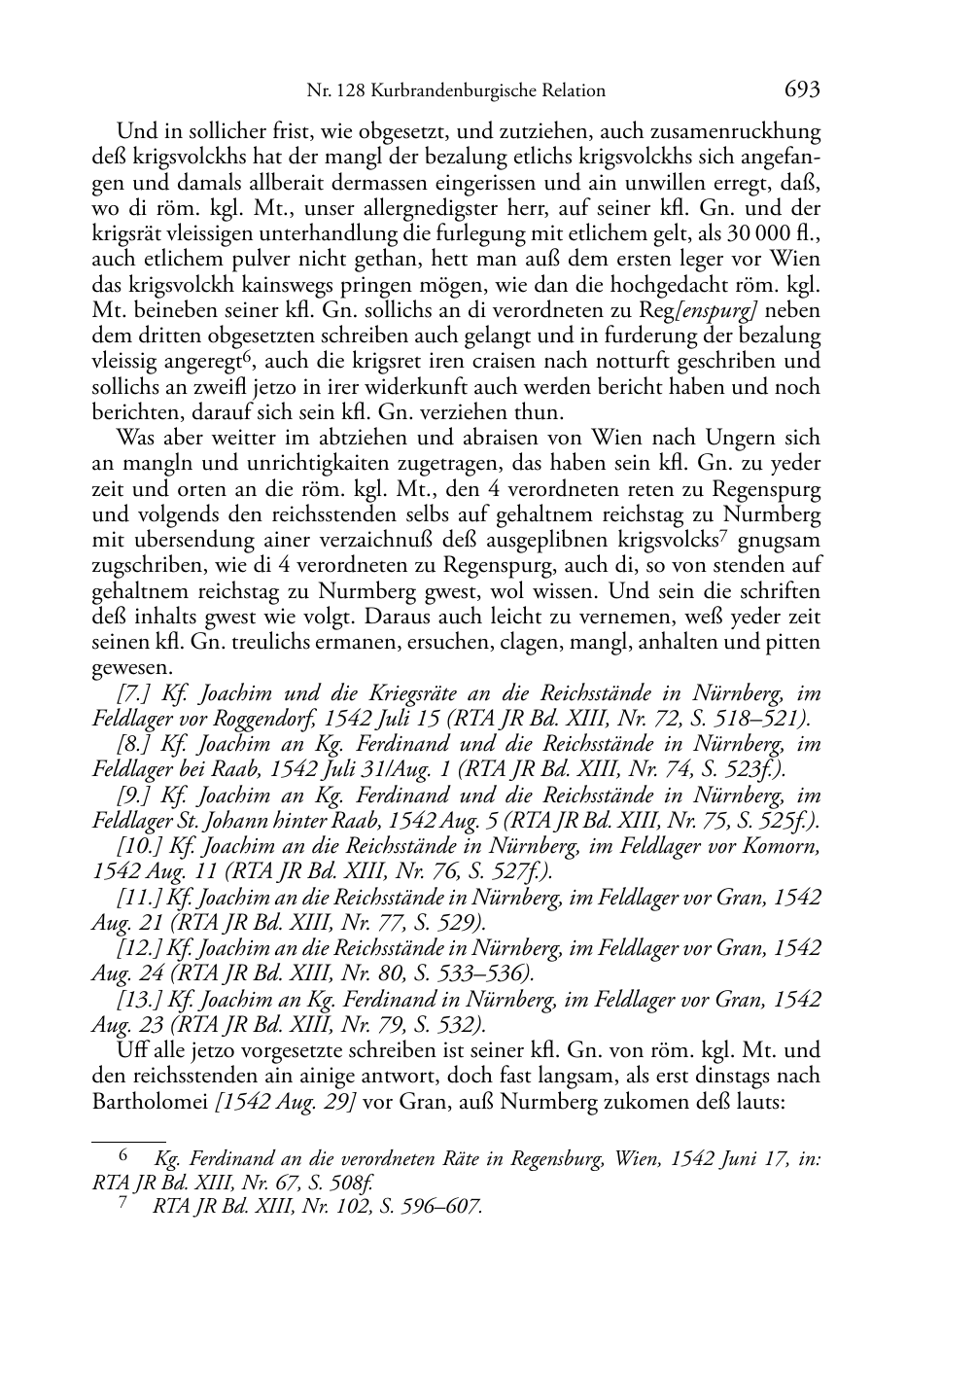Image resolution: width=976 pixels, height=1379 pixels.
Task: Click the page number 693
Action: [803, 89]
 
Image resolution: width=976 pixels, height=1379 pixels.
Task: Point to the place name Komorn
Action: [783, 846]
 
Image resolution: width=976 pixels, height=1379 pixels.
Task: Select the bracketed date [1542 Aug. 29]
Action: [286, 1102]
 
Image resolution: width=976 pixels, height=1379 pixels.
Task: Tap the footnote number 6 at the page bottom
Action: [122, 1156]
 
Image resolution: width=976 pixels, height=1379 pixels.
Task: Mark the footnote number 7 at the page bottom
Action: [122, 1205]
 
